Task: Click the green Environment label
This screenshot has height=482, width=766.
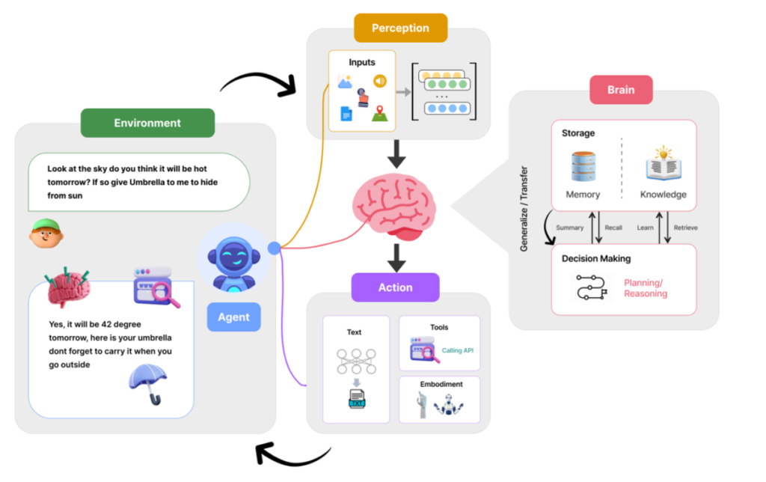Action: [147, 123]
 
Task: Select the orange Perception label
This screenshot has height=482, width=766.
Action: [400, 28]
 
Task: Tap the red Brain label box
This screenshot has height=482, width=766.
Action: [620, 90]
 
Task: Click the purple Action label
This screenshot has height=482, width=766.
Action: [395, 287]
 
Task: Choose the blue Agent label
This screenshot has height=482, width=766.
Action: [233, 317]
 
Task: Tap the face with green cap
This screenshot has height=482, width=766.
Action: [46, 234]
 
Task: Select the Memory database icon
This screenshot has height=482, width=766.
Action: [583, 166]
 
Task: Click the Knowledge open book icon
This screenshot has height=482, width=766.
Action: [663, 166]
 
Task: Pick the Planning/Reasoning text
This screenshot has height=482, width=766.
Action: [644, 288]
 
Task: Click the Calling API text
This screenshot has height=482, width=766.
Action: [458, 350]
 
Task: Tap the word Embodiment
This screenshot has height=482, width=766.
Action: [441, 384]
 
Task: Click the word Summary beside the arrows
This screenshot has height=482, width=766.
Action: [569, 228]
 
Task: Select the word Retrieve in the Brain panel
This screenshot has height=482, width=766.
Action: [685, 228]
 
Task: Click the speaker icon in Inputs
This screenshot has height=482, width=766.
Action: [381, 81]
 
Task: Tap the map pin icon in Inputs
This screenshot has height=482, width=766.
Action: [381, 113]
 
